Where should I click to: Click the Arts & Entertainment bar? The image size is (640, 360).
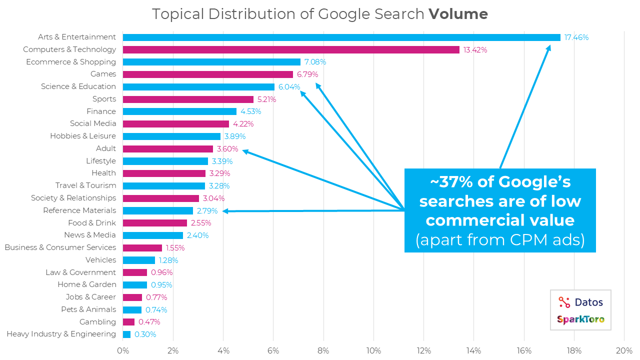341,37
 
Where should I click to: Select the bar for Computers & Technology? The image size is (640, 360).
291,49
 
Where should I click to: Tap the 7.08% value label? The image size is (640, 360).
315,62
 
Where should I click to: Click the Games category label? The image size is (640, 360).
103,74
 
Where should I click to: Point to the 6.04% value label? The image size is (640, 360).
289,87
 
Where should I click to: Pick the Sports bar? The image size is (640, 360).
188,99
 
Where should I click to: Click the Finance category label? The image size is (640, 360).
101,111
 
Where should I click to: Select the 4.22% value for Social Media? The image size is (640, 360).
243,124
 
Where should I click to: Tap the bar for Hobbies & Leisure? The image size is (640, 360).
171,136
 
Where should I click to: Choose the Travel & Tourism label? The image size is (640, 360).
85,185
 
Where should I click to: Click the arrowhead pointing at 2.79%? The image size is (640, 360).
225,211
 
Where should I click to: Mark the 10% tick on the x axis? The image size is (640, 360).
373,350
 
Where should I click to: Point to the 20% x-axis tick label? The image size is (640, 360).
624,350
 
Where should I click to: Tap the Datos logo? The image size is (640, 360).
580,302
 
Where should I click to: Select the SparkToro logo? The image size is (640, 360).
580,319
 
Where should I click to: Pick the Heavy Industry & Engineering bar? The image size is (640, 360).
126,334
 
